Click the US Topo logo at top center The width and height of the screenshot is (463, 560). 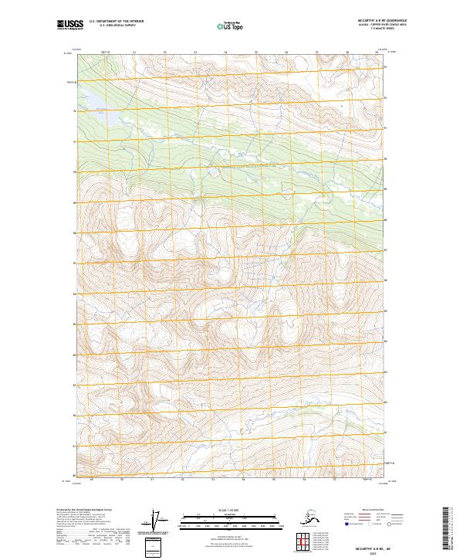231,26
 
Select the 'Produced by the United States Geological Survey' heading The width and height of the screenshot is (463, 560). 84,510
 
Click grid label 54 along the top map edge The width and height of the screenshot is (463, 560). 225,53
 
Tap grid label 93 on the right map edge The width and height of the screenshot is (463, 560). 387,67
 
